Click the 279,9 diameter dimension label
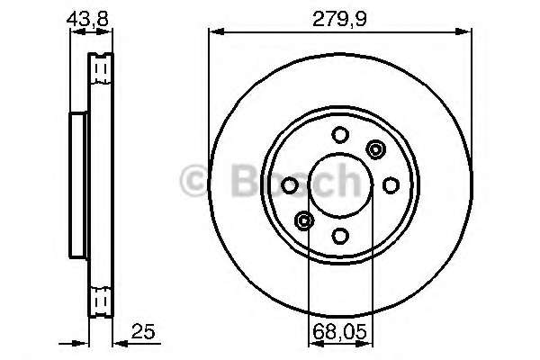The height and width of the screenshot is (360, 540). click(339, 19)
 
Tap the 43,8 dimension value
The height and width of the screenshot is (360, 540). click(87, 19)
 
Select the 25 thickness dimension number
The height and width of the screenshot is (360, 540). click(143, 331)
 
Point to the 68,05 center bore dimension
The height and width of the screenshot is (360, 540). click(339, 332)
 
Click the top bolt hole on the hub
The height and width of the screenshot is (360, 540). click(340, 135)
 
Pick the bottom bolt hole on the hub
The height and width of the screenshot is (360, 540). click(340, 237)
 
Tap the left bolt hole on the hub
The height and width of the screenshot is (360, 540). click(289, 185)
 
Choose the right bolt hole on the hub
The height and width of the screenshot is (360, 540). click(391, 185)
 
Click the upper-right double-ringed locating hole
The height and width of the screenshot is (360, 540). click(375, 149)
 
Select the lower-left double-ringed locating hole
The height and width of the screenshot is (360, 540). click(304, 220)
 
